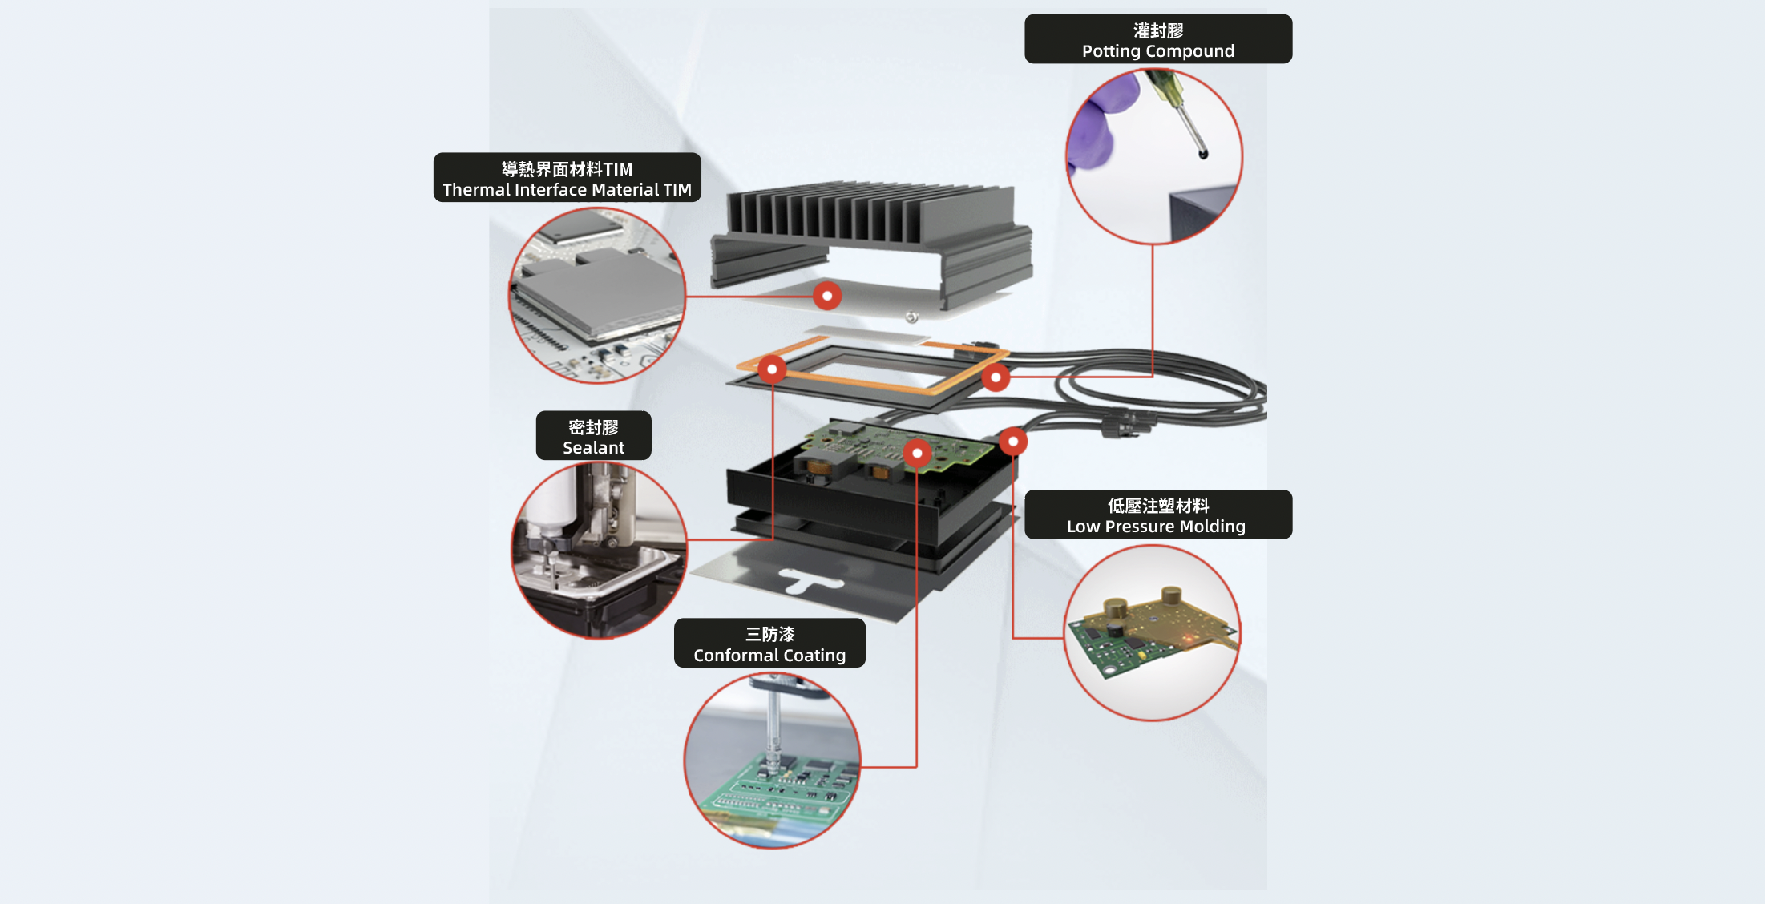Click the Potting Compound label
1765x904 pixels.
[x=1158, y=39]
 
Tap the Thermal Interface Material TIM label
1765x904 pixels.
[x=567, y=178]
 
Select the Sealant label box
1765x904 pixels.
[x=593, y=436]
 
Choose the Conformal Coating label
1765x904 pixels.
[x=769, y=644]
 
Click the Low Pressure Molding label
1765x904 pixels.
[x=1158, y=515]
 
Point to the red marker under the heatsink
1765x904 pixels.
[x=827, y=296]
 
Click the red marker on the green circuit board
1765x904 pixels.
[x=917, y=454]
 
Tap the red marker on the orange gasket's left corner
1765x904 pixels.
[x=772, y=369]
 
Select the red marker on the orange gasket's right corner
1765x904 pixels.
[x=996, y=377]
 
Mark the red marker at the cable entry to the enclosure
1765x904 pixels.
[x=1013, y=442]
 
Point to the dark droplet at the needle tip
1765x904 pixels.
[x=1202, y=153]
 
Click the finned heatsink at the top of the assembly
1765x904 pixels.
[x=871, y=240]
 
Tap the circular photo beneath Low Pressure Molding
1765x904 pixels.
[x=1153, y=633]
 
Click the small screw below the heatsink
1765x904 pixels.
[x=911, y=317]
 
